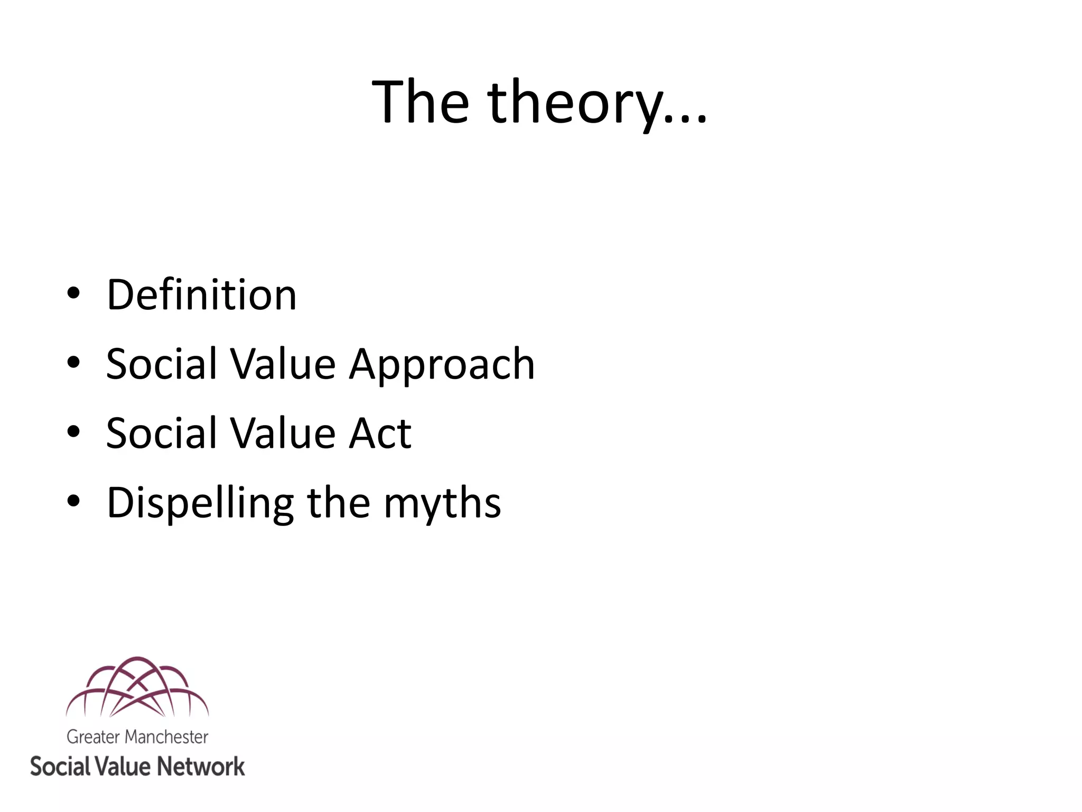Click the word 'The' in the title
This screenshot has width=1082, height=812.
(420, 101)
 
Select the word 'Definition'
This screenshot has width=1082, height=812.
(201, 294)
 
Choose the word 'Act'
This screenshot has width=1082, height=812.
(380, 433)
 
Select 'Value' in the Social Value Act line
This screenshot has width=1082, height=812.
(283, 433)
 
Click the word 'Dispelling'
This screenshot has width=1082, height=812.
(200, 503)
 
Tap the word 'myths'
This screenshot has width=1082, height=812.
(442, 503)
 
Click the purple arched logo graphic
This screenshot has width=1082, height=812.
(137, 687)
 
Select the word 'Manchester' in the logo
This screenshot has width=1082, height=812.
(166, 737)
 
